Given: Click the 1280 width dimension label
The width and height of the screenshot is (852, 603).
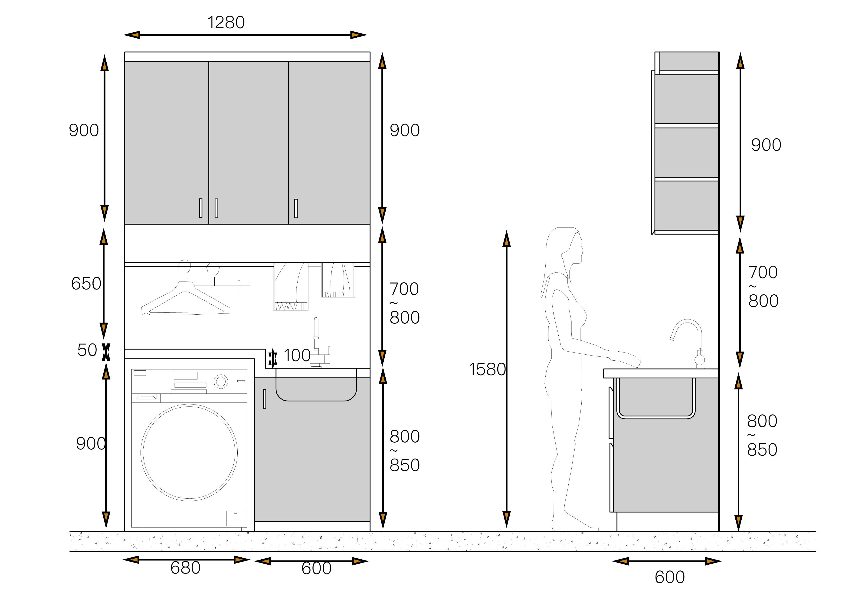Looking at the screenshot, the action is pos(226,22).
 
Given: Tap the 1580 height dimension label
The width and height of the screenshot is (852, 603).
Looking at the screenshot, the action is pos(487,369).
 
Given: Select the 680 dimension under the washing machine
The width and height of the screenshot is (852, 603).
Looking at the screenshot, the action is pos(185,568).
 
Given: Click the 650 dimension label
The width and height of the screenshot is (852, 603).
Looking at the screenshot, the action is pos(86,284).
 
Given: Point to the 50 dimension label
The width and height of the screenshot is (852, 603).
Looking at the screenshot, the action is pos(87,350).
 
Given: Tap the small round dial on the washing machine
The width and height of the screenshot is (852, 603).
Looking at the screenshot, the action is pos(221,381).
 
